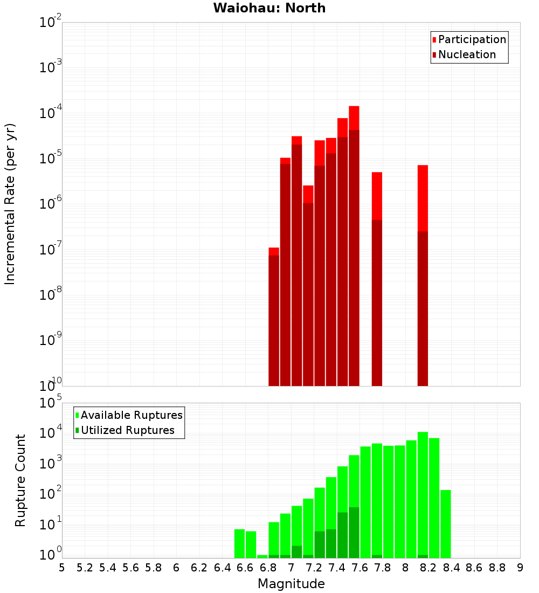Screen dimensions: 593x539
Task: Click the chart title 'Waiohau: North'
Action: pyautogui.click(x=269, y=8)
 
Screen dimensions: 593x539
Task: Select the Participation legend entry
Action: pyautogui.click(x=472, y=39)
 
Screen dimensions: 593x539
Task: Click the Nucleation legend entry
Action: pyautogui.click(x=466, y=54)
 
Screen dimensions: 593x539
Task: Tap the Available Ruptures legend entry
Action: pyautogui.click(x=131, y=415)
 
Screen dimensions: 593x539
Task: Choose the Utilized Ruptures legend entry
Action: pyautogui.click(x=127, y=430)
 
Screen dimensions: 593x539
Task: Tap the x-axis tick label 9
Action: pyautogui.click(x=520, y=568)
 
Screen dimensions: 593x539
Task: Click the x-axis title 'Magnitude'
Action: pyautogui.click(x=291, y=584)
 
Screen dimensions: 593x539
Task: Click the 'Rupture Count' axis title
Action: pyautogui.click(x=20, y=480)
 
